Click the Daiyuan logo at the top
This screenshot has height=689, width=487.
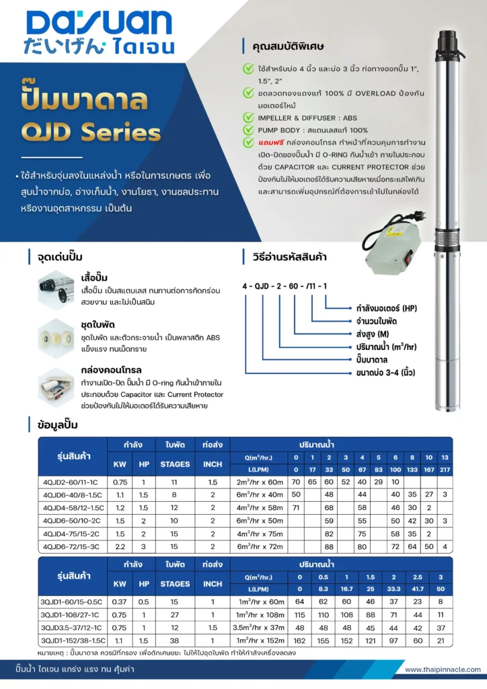(x=99, y=32)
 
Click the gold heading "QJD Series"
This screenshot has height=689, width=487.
(x=91, y=133)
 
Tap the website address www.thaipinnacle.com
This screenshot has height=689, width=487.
(x=443, y=669)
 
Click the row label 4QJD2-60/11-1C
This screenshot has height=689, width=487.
(x=70, y=482)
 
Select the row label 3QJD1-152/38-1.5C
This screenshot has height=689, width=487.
(x=73, y=641)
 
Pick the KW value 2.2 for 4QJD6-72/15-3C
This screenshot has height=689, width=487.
(x=120, y=546)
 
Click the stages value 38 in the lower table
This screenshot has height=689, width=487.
(x=175, y=641)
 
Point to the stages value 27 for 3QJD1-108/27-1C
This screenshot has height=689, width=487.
(x=175, y=615)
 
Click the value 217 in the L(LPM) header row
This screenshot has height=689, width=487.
(x=445, y=470)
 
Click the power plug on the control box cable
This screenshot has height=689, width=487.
(x=414, y=217)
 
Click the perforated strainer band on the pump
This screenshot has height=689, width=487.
(x=447, y=240)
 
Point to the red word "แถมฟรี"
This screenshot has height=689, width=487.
(x=271, y=143)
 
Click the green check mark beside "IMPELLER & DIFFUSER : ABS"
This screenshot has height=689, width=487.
(x=249, y=117)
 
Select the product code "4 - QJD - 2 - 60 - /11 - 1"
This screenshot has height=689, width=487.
(x=285, y=286)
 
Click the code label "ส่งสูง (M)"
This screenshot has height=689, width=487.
(x=373, y=334)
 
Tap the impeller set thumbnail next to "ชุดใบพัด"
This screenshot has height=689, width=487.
(x=56, y=338)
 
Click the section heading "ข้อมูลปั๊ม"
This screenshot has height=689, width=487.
(x=58, y=425)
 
